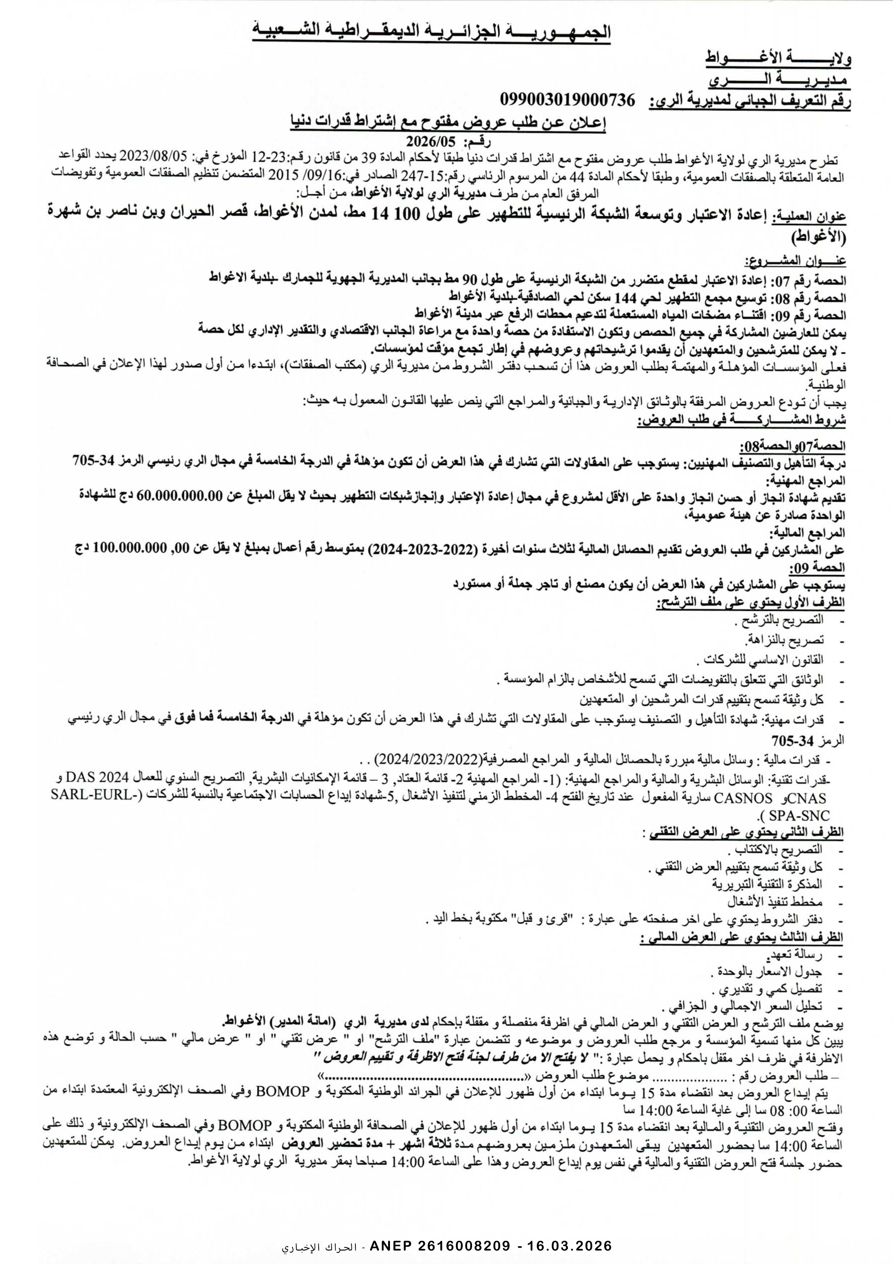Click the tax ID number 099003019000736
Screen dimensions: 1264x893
pyautogui.click(x=568, y=100)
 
